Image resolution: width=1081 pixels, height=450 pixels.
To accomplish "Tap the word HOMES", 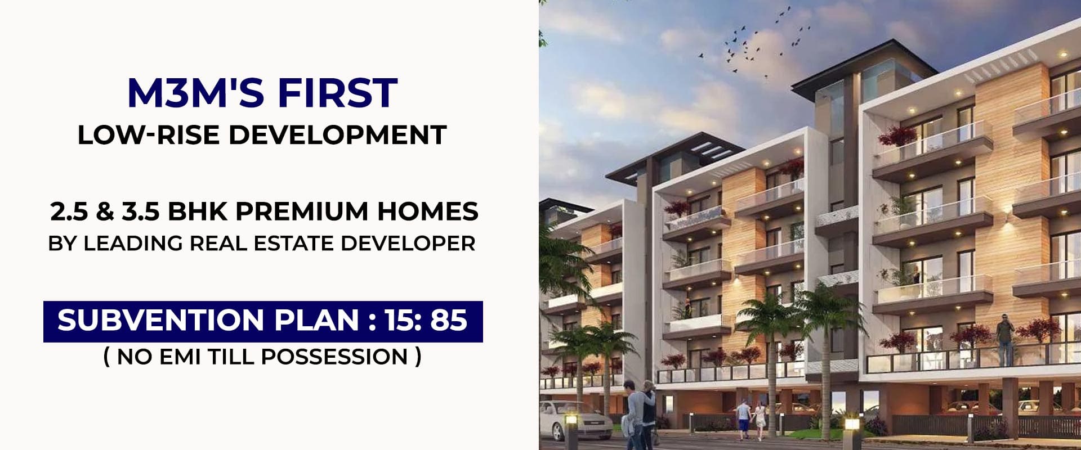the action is coord(428,211).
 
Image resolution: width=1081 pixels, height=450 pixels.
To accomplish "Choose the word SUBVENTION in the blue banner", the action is coord(160,320).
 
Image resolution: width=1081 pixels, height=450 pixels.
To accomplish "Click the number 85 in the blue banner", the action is coord(449,320).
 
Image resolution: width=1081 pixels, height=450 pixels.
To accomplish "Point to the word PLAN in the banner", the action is coord(316,320).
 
